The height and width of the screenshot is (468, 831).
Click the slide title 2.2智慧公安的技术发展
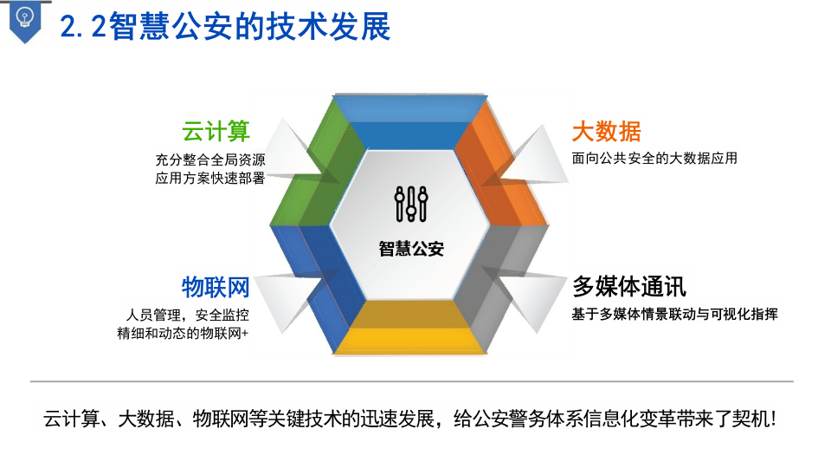(225, 27)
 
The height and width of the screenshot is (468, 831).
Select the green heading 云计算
(216, 132)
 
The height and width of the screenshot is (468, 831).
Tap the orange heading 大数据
(606, 132)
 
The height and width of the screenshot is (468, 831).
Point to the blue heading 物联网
(216, 287)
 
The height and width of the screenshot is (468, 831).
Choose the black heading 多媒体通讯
(628, 287)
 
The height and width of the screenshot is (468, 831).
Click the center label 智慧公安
(411, 249)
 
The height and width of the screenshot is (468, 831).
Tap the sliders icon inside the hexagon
(411, 205)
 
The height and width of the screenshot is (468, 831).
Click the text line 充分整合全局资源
(209, 160)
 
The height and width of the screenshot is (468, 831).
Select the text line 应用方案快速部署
(209, 179)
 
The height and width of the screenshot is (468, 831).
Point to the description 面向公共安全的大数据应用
(654, 159)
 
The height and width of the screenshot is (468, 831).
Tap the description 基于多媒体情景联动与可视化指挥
(674, 314)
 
